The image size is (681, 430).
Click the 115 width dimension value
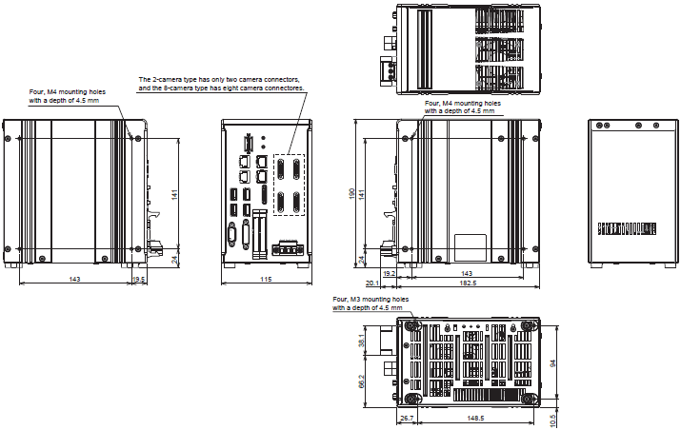point(266,279)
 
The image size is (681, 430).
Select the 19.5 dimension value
point(138,279)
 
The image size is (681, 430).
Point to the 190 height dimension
point(351,193)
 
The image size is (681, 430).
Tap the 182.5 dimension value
point(469,283)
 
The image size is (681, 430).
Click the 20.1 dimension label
point(372,283)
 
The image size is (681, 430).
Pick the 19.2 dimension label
point(390,273)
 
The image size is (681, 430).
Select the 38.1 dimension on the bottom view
point(361,341)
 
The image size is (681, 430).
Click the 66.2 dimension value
point(361,381)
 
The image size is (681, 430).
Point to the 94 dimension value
point(552,362)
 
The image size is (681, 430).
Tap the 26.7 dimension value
point(407,419)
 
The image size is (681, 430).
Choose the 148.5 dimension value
point(475,419)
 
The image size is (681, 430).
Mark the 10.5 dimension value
point(552,420)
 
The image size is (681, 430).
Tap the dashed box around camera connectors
point(289,185)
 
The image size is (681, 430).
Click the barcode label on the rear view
point(627,228)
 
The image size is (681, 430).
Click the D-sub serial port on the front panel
point(231,235)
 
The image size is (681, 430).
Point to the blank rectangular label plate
point(471,247)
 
